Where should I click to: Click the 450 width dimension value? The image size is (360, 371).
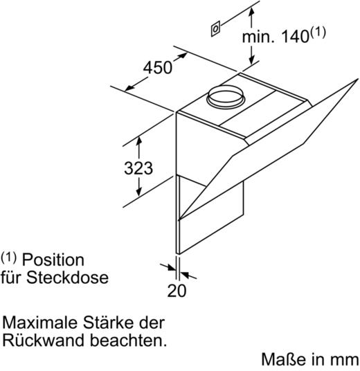tap(157, 67)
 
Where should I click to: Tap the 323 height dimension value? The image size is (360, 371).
tap(138, 168)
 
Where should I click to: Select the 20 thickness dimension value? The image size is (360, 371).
tap(177, 291)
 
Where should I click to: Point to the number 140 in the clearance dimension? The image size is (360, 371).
tap(296, 37)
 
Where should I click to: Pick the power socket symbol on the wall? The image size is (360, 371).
tap(215, 29)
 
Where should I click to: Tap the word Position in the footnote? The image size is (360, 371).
tap(53, 260)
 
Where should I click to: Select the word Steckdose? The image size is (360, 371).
tap(67, 278)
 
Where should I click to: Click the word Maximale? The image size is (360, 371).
tap(39, 323)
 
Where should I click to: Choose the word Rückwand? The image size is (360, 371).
tap(44, 340)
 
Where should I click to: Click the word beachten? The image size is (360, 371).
tap(129, 340)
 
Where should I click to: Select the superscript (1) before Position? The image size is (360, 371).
tap(9, 257)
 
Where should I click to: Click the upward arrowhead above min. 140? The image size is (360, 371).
tap(252, 11)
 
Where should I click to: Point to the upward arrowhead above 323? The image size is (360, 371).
tap(139, 141)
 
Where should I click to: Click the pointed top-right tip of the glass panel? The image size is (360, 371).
tap(358, 79)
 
